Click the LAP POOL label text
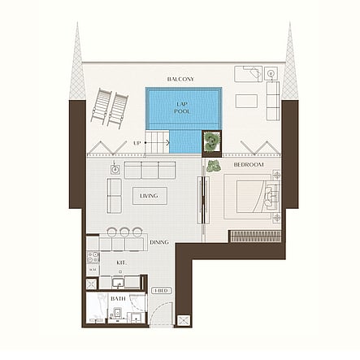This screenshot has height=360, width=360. click(x=183, y=106)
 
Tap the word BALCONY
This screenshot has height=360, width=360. click(x=180, y=79)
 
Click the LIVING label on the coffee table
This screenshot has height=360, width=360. click(x=149, y=196)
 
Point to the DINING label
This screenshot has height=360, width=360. click(x=159, y=242)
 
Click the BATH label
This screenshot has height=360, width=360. click(x=119, y=298)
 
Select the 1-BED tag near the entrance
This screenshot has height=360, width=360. click(x=159, y=289)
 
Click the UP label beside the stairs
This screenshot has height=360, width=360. click(x=137, y=143)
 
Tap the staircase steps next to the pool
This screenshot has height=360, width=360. click(x=159, y=142)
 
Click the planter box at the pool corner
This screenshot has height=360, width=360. click(x=211, y=141)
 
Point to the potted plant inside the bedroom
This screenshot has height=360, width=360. click(x=214, y=165)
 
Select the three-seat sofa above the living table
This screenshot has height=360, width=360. click(x=149, y=170)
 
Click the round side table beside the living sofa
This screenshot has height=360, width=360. click(x=115, y=170)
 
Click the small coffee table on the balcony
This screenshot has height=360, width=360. click(x=246, y=101)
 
